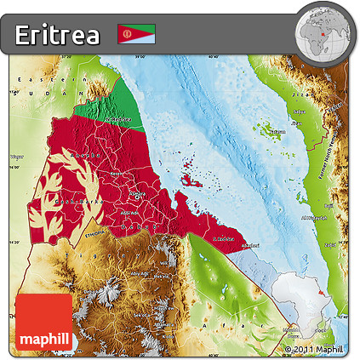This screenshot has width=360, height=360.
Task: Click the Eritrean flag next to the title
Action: (x=135, y=33)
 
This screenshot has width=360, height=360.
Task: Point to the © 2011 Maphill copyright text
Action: (x=314, y=349)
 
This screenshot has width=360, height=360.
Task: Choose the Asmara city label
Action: (x=136, y=194)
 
